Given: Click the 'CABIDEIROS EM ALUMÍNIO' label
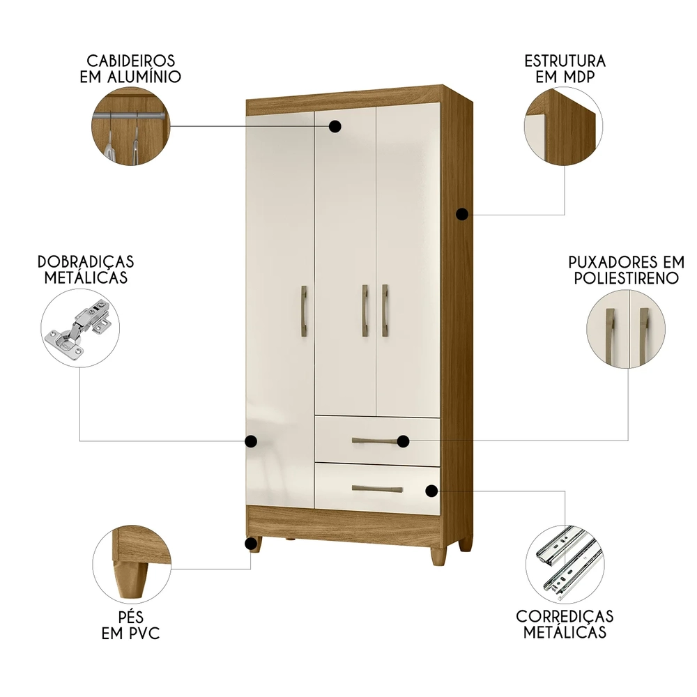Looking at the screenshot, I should (130, 68).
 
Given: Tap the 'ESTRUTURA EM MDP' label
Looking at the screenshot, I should (565, 68).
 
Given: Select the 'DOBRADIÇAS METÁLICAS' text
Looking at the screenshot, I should (86, 269).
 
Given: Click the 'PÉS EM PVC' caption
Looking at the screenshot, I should (130, 625).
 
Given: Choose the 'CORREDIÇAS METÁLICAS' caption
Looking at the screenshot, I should (565, 624).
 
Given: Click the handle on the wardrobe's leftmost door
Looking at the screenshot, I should (304, 311).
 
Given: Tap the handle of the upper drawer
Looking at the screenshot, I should (376, 441).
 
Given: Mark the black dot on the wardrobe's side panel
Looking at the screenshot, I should (461, 215).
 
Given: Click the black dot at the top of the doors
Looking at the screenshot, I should (335, 126).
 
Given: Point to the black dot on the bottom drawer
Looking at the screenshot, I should (432, 491).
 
